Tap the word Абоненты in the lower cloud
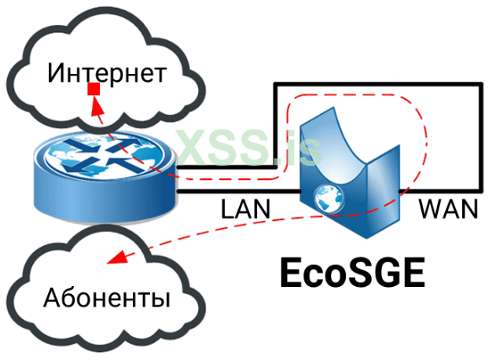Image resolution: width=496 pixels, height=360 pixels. coord(108,299)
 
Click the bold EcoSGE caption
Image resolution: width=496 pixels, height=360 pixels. coord(352,273)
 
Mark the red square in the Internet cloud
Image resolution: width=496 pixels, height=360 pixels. coord(93,89)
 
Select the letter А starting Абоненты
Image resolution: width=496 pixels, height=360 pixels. coord(53,299)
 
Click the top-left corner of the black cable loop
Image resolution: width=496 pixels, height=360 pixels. coord(274,83)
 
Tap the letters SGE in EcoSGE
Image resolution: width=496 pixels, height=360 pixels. coord(386,273)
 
